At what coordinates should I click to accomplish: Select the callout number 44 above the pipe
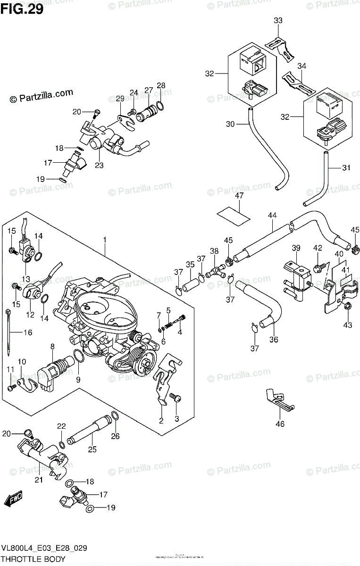272,216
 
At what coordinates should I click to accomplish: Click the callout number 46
280,424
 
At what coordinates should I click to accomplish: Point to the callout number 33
278,21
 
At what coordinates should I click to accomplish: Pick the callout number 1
105,240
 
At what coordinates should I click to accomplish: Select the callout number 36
274,339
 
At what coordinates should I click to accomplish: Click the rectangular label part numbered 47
234,213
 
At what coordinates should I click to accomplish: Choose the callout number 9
78,379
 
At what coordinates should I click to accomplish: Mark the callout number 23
100,166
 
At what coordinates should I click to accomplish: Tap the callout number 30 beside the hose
230,125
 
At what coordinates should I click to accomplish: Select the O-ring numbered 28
160,104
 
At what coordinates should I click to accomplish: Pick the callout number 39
296,248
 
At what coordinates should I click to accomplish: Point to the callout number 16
28,333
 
